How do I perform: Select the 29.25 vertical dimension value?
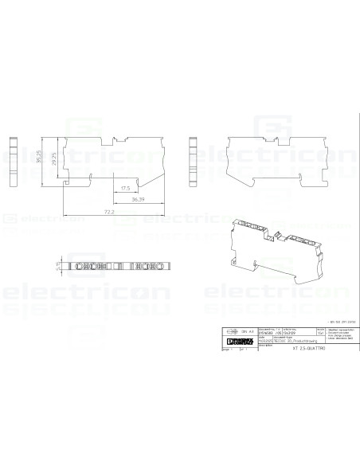click(x=52, y=161)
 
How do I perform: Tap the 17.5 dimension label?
click(x=126, y=188)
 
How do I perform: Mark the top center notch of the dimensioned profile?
click(x=119, y=135)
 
